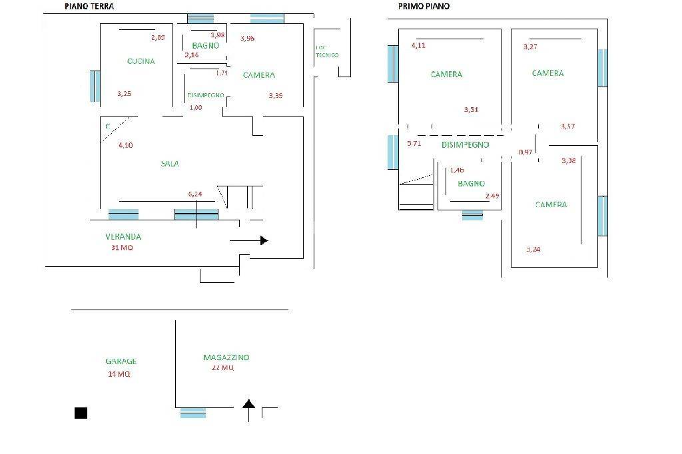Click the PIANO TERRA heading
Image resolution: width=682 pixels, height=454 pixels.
(89, 7)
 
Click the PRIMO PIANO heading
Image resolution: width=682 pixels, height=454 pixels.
(424, 6)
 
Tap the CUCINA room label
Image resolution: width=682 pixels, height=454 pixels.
(141, 61)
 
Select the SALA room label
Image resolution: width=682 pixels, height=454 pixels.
(169, 164)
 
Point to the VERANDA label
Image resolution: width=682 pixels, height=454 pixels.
(123, 236)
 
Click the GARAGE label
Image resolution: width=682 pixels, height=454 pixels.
(121, 361)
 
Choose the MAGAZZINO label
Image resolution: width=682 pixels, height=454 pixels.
(226, 357)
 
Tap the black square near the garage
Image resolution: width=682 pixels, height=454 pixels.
(81, 413)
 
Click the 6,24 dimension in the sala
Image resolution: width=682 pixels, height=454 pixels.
(195, 194)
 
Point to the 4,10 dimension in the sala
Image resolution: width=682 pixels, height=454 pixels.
(125, 145)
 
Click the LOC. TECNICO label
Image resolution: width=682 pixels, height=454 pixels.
(327, 51)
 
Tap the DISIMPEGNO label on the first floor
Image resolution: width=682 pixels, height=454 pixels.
(465, 144)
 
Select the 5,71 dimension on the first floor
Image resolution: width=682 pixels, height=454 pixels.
(414, 143)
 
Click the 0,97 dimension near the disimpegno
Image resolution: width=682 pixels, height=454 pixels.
(525, 152)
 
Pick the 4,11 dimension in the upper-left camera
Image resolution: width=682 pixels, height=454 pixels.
(418, 45)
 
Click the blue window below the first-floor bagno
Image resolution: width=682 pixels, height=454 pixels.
(472, 215)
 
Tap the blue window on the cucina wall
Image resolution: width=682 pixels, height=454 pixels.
(95, 86)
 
